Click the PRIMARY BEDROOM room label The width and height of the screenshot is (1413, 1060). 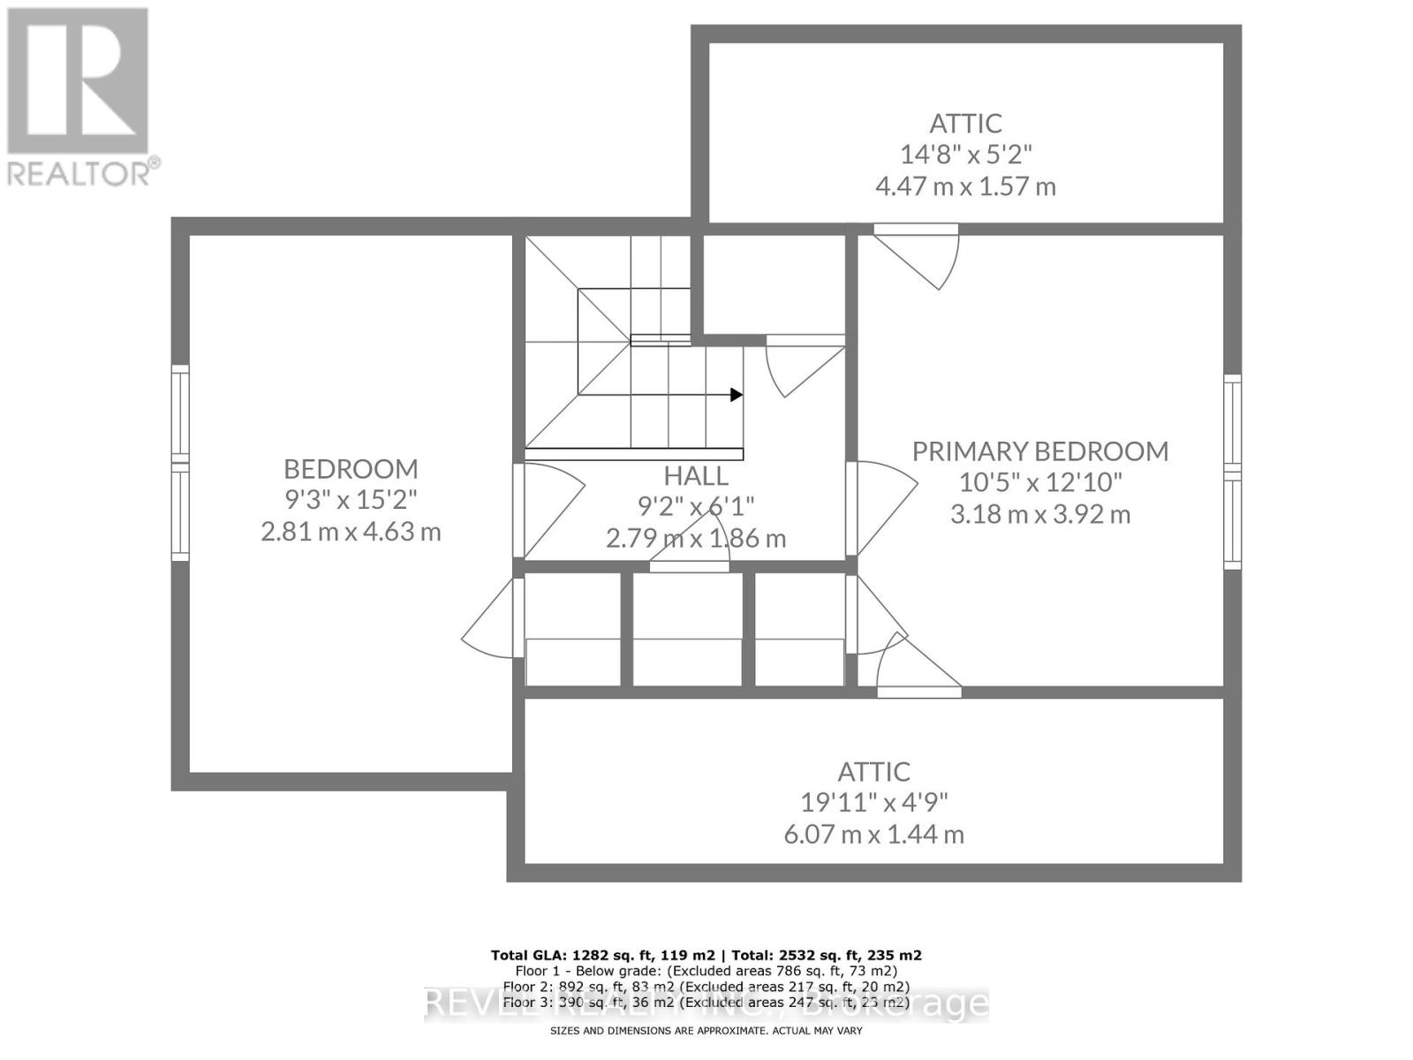[x=1039, y=451]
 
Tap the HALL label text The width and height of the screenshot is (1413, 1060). [x=696, y=476]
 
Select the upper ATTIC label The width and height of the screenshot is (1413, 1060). [x=965, y=123]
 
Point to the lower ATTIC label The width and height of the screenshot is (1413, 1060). [x=873, y=771]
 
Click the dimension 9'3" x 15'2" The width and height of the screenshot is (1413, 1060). [x=351, y=500]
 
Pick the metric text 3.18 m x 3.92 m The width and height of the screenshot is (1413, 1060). [x=1039, y=514]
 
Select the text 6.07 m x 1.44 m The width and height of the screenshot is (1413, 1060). [x=873, y=834]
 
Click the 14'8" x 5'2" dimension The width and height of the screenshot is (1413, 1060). [x=965, y=155]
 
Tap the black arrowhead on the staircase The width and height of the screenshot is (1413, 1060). [x=736, y=395]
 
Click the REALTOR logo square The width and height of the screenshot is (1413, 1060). [x=78, y=80]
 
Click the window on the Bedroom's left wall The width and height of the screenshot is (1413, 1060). [x=180, y=463]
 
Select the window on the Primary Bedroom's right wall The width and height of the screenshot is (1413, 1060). [x=1232, y=472]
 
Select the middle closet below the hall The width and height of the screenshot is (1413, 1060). [x=687, y=629]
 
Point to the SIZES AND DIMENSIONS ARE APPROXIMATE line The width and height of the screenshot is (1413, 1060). [x=706, y=1031]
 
